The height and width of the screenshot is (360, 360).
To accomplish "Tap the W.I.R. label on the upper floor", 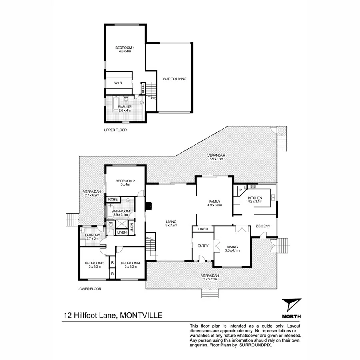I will [118, 83].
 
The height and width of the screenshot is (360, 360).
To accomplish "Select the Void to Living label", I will [174, 79].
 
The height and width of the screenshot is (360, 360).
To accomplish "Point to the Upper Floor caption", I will [115, 130].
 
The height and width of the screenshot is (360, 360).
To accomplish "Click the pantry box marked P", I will [241, 191].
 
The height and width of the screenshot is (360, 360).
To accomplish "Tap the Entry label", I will [203, 246].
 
